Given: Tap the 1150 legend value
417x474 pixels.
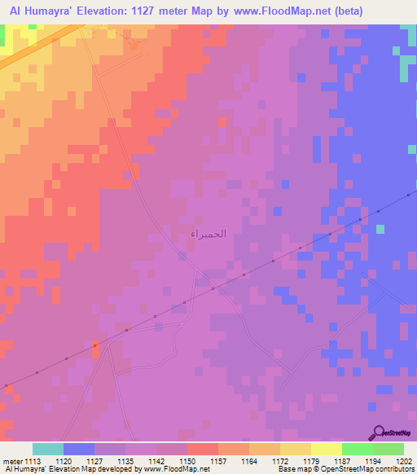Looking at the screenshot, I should [187, 460].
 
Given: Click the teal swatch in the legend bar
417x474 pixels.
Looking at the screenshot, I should [48, 449].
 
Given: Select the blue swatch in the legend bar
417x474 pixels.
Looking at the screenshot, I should [79, 449].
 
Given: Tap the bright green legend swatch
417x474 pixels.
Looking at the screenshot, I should [357, 449].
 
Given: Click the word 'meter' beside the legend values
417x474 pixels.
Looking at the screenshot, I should [13, 460].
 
